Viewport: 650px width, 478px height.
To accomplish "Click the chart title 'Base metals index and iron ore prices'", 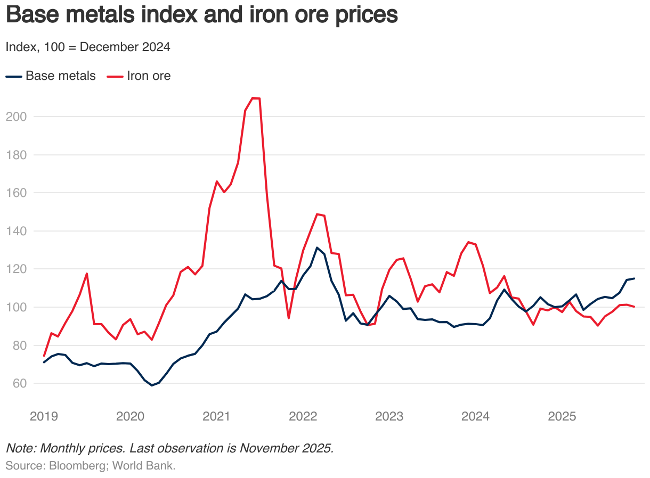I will pyautogui.click(x=201, y=15).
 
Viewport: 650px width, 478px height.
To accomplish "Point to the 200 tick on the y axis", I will pyautogui.click(x=15, y=116).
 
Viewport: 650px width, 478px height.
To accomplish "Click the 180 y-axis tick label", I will pyautogui.click(x=15, y=154).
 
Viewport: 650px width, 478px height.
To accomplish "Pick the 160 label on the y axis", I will pyautogui.click(x=15, y=193).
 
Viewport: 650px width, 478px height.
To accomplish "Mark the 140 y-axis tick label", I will pyautogui.click(x=15, y=231).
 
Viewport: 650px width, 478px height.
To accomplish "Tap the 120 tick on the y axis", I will pyautogui.click(x=15, y=269).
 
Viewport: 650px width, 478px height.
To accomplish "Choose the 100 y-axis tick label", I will pyautogui.click(x=15, y=307).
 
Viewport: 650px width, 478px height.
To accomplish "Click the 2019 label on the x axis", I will pyautogui.click(x=44, y=416).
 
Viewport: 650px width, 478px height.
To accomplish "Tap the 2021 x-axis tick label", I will pyautogui.click(x=216, y=416).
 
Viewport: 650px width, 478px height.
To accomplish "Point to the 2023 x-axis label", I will pyautogui.click(x=389, y=416).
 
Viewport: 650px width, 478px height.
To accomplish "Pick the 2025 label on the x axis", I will pyautogui.click(x=562, y=416).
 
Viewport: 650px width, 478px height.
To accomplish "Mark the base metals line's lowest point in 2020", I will pyautogui.click(x=152, y=385).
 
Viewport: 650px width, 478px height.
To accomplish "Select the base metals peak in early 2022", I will pyautogui.click(x=317, y=248).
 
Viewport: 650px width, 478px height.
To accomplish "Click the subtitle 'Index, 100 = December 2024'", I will pyautogui.click(x=88, y=47).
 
